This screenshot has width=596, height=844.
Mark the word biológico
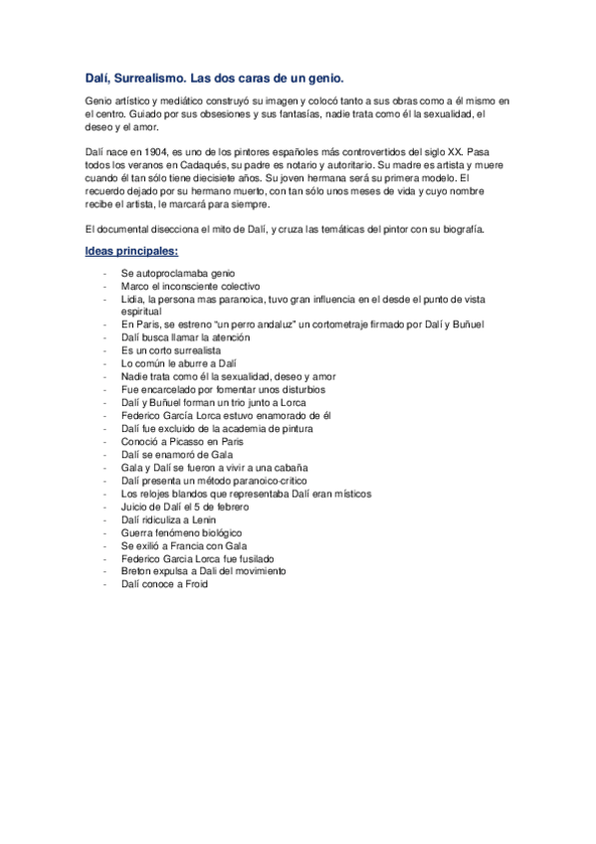210,532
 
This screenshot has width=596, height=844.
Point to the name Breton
136,571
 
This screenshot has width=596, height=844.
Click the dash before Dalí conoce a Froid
104,584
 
